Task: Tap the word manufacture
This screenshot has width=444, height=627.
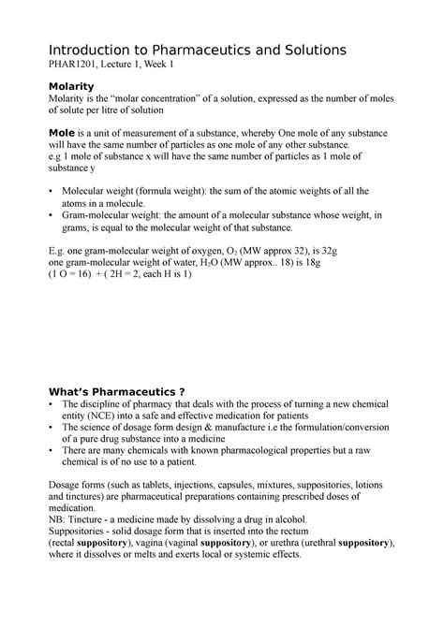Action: (x=212, y=427)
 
